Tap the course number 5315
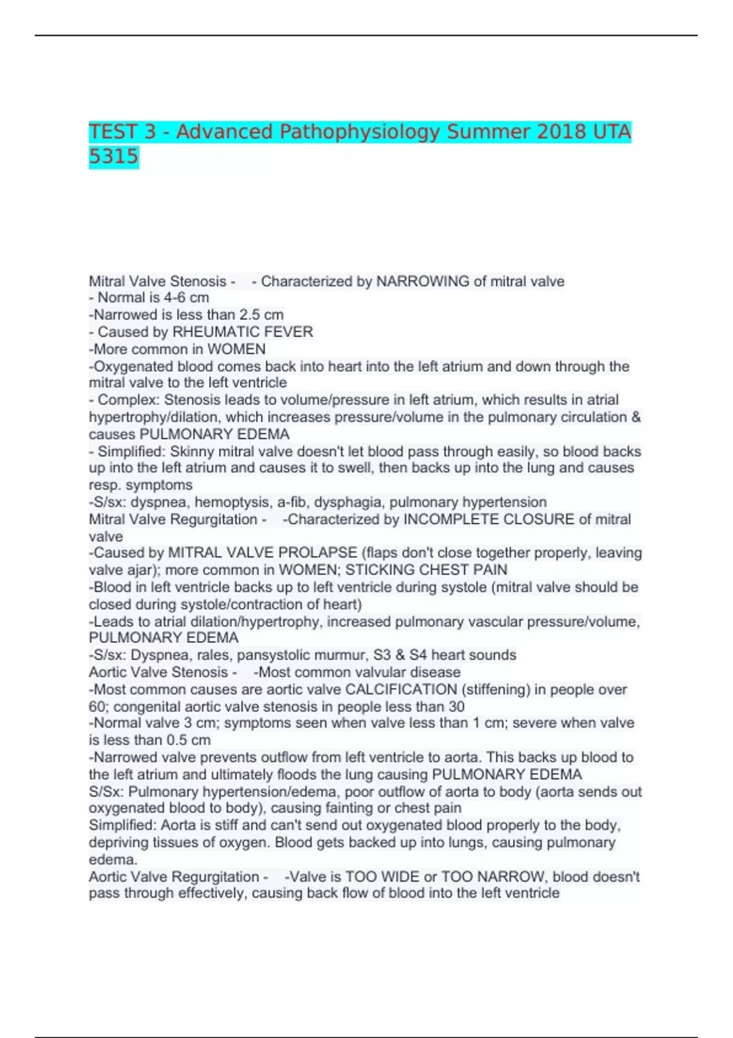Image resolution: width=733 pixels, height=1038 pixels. click(114, 157)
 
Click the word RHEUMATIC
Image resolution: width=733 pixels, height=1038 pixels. click(209, 332)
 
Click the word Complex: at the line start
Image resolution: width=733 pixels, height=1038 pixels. click(129, 401)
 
